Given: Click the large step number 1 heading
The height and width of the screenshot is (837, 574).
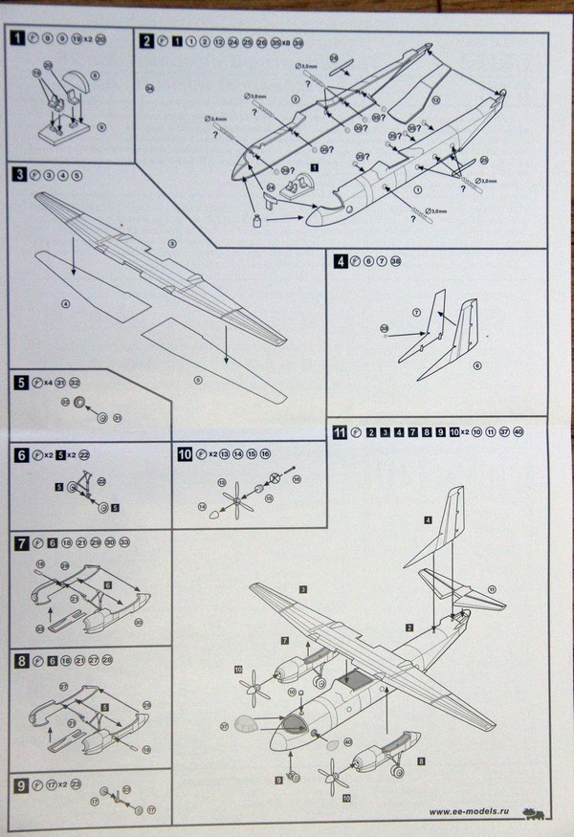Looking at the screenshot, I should tap(16, 40).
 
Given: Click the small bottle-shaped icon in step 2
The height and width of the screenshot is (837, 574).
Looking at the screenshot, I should tap(255, 222).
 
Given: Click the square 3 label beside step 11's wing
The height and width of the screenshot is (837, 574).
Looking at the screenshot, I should tap(301, 587).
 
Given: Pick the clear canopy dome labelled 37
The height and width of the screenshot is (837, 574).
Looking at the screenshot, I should tap(248, 726).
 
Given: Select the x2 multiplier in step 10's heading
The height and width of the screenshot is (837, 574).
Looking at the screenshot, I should tap(212, 454).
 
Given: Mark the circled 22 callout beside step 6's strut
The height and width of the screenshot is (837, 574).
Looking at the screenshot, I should tap(101, 482).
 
